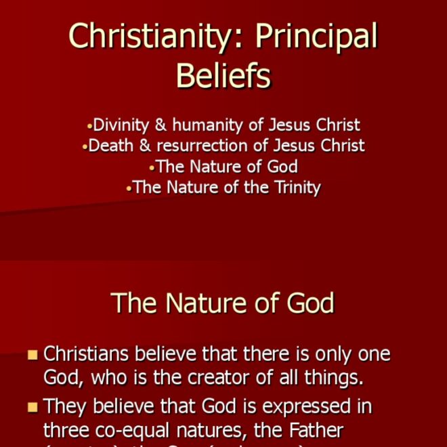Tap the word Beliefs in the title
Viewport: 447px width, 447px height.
(223, 76)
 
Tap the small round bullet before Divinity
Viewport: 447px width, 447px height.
(89, 126)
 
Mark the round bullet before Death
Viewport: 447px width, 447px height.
(85, 146)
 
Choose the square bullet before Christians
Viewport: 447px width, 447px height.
(33, 355)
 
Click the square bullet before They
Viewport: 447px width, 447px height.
(33, 408)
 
